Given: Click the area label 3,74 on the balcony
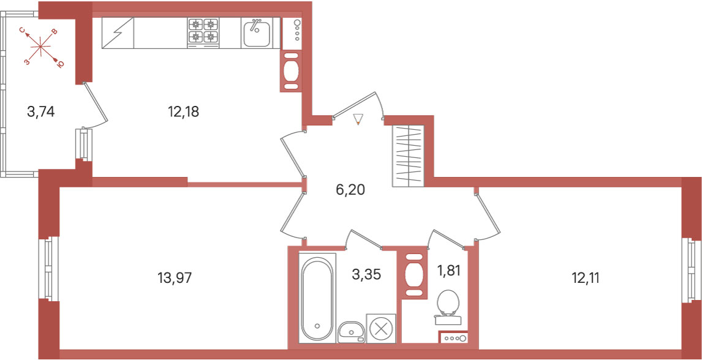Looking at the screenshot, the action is (41, 112).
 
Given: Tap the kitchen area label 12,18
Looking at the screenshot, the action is (183, 112).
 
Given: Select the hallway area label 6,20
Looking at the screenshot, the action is (350, 190).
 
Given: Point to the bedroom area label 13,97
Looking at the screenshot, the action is (175, 278).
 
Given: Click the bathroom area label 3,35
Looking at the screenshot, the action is (366, 274).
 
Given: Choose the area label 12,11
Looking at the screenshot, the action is (585, 278).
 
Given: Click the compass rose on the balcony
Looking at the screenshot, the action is (41, 47).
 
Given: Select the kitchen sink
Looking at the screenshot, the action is (257, 32).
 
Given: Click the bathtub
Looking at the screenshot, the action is (317, 298).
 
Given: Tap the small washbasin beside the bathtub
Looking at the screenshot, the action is (352, 332).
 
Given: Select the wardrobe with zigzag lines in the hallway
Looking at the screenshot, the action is (407, 156).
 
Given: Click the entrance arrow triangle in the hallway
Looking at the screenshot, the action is (357, 119).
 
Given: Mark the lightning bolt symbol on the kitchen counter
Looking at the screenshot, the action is (118, 32).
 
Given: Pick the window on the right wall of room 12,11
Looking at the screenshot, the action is (691, 270).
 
